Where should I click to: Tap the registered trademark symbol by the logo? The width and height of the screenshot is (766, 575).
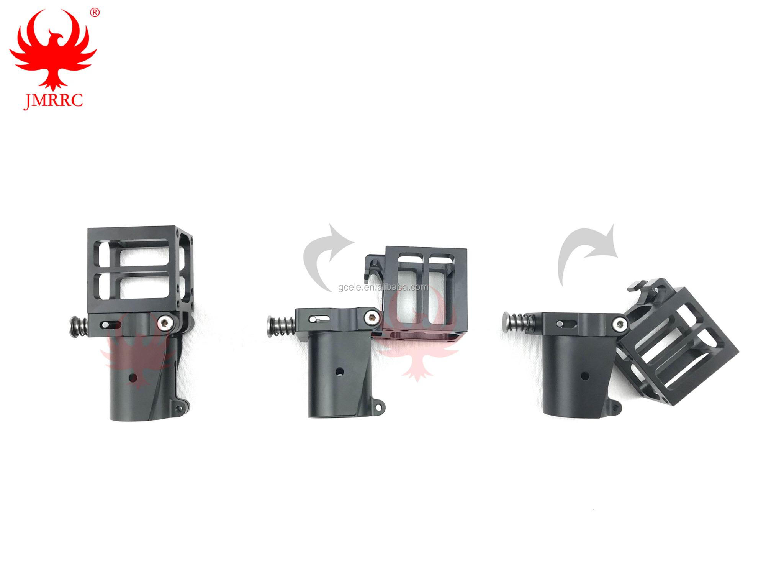(x=94, y=13)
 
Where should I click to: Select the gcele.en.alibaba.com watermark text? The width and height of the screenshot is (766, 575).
(x=383, y=287)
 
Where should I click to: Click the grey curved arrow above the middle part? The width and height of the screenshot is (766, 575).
(x=322, y=261)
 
